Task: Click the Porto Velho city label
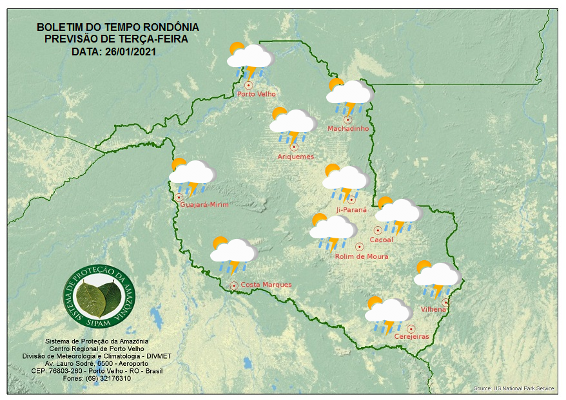tap(257, 94)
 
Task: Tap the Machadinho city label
tap(348, 129)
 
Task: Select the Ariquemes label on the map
tap(296, 157)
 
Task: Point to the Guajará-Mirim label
tap(204, 205)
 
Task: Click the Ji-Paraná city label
tap(351, 210)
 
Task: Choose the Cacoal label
tap(381, 240)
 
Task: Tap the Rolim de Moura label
tap(362, 256)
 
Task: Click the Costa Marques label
tap(266, 285)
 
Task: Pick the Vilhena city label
tap(433, 310)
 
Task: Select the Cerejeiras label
tap(411, 337)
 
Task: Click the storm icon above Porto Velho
tap(249, 59)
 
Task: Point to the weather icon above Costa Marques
tap(233, 254)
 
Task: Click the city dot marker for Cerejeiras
tap(411, 329)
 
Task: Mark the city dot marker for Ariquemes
tap(294, 147)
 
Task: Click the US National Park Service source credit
tap(514, 388)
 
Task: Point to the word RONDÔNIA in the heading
tap(167, 28)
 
